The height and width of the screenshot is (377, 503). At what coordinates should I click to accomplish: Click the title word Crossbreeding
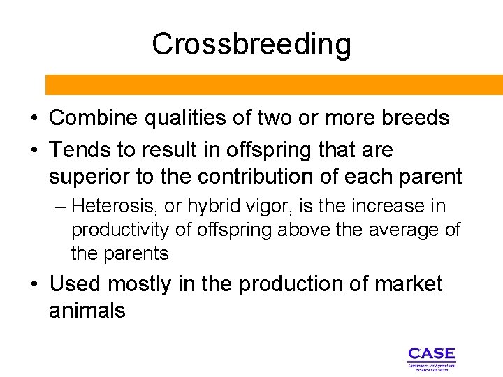click(251, 44)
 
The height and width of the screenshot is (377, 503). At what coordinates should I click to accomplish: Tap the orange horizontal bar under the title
click(274, 84)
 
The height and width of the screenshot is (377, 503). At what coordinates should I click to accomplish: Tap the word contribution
click(242, 177)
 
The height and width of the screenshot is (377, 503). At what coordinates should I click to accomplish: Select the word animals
click(87, 311)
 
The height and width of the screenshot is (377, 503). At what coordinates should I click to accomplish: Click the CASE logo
click(431, 357)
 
